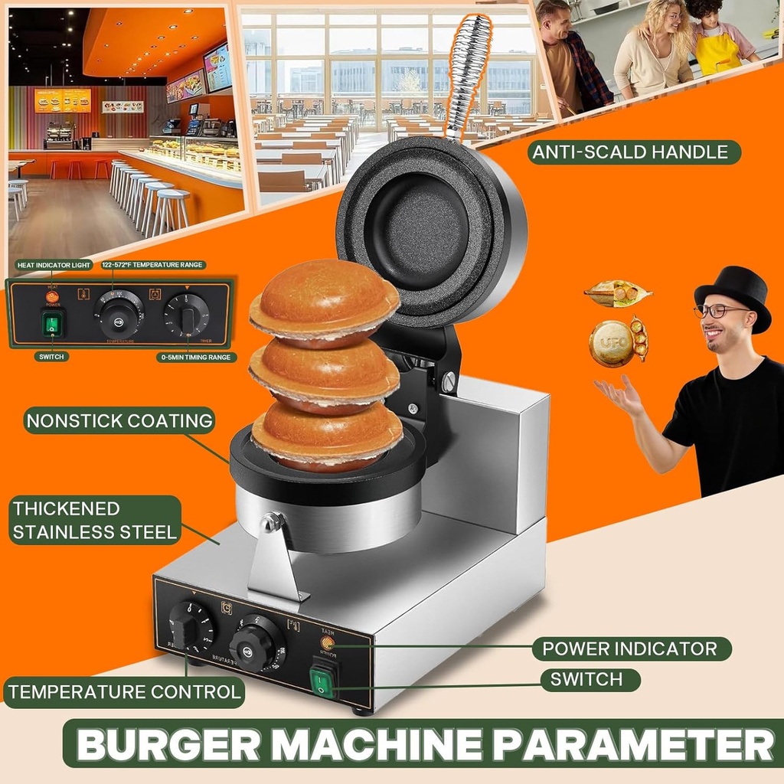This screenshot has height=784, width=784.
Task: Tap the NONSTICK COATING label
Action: [x=119, y=420]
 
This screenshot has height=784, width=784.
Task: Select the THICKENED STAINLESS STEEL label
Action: [x=94, y=520]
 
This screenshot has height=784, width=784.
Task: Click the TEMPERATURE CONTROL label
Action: [x=123, y=692]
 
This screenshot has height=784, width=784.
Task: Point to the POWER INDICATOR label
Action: [x=630, y=648]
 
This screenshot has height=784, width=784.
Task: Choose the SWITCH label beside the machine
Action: [x=590, y=679]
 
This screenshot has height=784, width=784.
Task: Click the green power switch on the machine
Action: [x=323, y=681]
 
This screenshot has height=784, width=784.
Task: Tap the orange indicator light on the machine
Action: [x=327, y=642]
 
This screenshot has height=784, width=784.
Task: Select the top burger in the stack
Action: [x=325, y=305]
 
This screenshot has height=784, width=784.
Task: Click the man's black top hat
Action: [x=733, y=295]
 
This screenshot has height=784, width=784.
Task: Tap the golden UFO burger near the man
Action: [x=611, y=343]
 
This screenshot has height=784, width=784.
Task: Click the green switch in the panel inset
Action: [x=52, y=323]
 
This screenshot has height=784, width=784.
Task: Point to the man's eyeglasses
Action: [x=720, y=310]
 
